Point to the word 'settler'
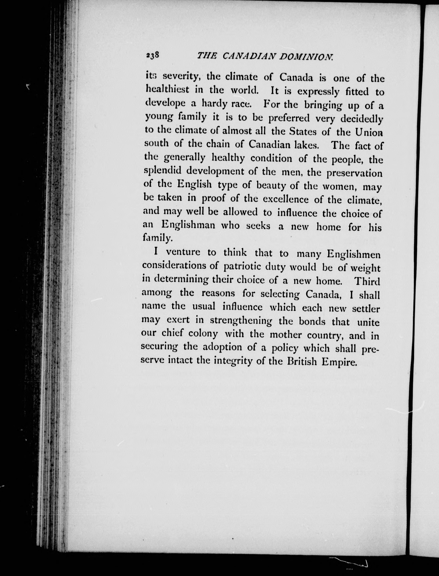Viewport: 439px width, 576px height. (365, 309)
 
